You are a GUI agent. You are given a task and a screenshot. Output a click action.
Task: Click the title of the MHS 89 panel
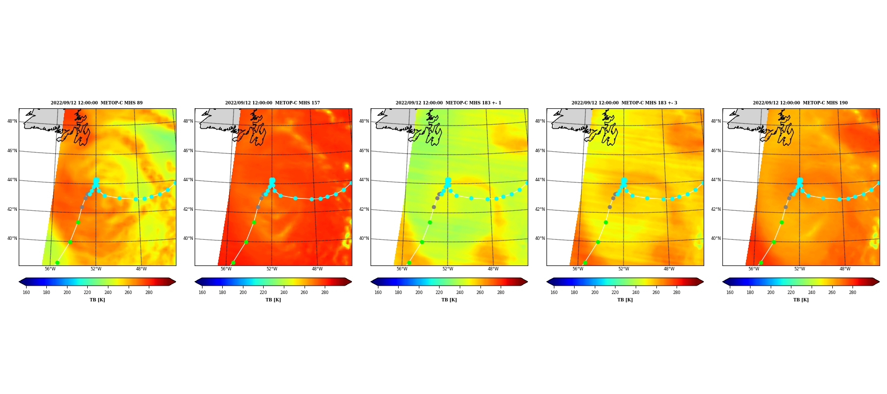[x=97, y=103]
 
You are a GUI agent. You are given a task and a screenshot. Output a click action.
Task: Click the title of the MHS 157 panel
[x=273, y=103]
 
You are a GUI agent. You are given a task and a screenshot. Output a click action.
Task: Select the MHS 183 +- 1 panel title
[x=448, y=103]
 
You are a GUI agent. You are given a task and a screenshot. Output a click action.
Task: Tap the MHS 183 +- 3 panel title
[x=624, y=103]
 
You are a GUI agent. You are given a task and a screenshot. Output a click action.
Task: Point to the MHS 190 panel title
[x=800, y=103]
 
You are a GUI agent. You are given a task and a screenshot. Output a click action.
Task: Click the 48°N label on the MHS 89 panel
[x=12, y=121]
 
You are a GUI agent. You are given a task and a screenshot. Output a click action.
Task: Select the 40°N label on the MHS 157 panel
[x=188, y=238]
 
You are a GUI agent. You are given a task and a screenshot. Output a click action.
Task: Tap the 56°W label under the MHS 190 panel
[x=753, y=269]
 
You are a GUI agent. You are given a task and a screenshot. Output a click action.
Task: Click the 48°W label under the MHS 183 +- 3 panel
[x=669, y=269]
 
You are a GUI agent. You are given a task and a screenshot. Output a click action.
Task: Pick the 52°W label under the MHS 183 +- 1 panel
[x=447, y=269]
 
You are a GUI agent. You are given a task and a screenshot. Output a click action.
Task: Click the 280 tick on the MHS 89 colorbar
[x=149, y=293]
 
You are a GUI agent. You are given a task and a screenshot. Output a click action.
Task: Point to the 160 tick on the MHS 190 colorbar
[x=730, y=293]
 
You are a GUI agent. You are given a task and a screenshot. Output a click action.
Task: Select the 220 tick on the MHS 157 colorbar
[x=263, y=293]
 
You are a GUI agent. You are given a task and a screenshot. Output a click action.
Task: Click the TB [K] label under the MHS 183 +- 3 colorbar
[x=625, y=300]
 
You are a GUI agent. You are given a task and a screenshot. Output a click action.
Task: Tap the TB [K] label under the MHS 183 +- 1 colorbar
[x=449, y=300]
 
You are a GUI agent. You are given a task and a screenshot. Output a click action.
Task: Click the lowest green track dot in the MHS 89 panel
[x=57, y=263]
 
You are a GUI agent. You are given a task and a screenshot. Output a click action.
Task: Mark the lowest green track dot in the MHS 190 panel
[x=761, y=263]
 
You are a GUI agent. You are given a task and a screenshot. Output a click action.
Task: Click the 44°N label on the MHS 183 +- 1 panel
[x=364, y=180]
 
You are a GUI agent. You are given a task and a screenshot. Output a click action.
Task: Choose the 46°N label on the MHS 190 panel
[x=716, y=151]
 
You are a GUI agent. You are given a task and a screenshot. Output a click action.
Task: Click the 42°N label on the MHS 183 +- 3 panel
[x=540, y=209]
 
